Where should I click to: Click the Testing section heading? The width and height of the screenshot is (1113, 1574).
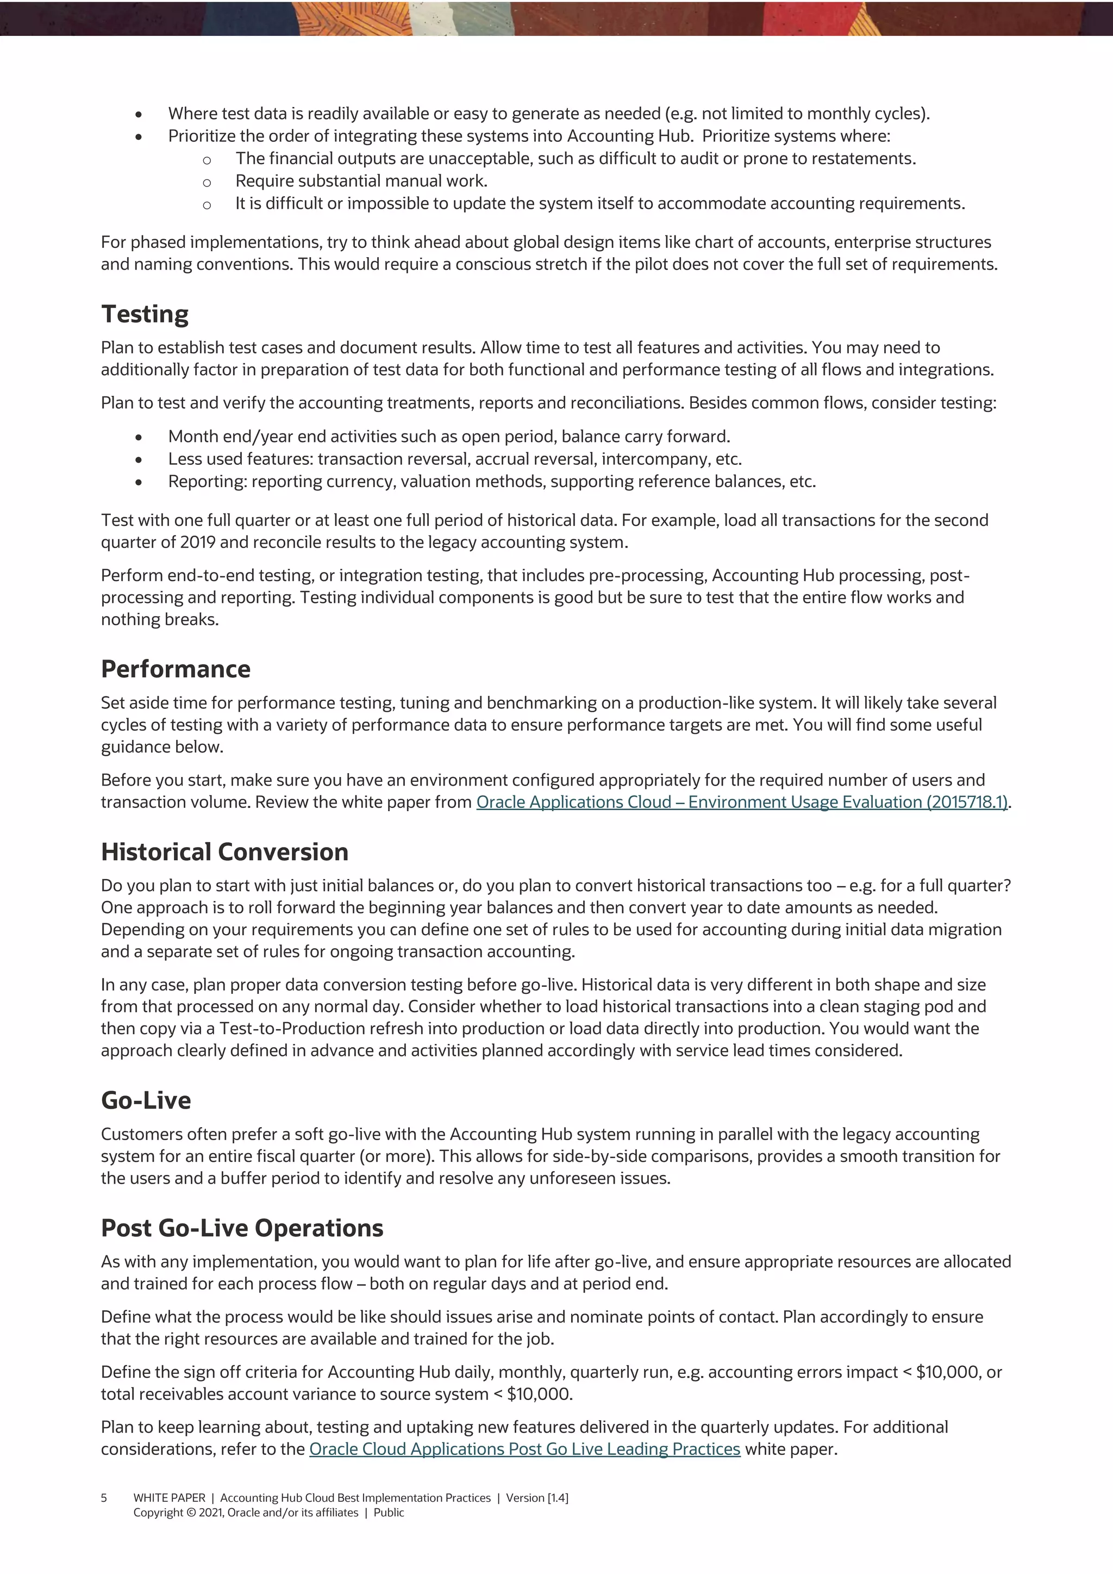pyautogui.click(x=145, y=314)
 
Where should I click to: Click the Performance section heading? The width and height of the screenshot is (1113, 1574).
pyautogui.click(x=176, y=669)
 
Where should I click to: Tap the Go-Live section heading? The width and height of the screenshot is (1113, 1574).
pyautogui.click(x=146, y=1100)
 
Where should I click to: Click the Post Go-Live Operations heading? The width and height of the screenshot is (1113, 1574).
pyautogui.click(x=242, y=1228)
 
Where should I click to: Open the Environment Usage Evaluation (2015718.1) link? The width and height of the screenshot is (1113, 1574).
pyautogui.click(x=741, y=802)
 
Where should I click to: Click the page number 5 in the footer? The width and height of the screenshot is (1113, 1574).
pyautogui.click(x=104, y=1498)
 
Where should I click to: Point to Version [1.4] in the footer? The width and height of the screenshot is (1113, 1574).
pyautogui.click(x=537, y=1498)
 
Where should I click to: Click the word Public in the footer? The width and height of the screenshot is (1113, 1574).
pyautogui.click(x=389, y=1513)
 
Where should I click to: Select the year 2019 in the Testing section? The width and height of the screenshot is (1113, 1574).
pyautogui.click(x=197, y=542)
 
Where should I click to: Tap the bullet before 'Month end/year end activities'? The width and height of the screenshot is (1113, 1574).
pyautogui.click(x=139, y=437)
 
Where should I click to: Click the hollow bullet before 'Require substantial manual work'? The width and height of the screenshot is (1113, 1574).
pyautogui.click(x=207, y=182)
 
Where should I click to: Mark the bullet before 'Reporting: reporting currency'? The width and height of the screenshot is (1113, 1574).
pyautogui.click(x=139, y=482)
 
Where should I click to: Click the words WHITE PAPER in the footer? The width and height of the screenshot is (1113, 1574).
pyautogui.click(x=169, y=1498)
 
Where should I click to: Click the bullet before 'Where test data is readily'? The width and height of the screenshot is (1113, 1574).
pyautogui.click(x=139, y=114)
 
